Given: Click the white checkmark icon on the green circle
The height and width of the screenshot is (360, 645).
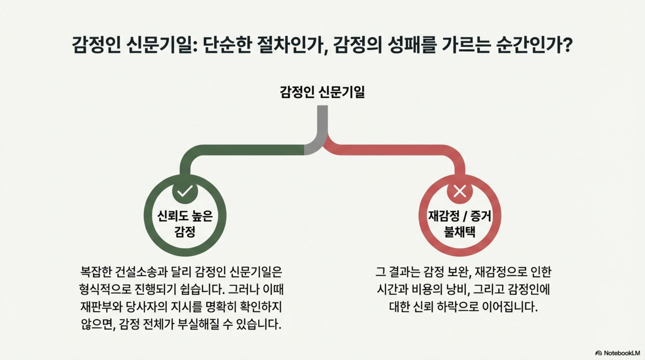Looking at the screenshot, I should (185, 191).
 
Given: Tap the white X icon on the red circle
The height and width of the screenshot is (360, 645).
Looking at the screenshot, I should (459, 191).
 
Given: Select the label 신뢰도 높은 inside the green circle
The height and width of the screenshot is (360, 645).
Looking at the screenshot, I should (185, 216).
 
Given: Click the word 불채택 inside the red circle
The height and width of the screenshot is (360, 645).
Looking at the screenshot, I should (460, 232).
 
